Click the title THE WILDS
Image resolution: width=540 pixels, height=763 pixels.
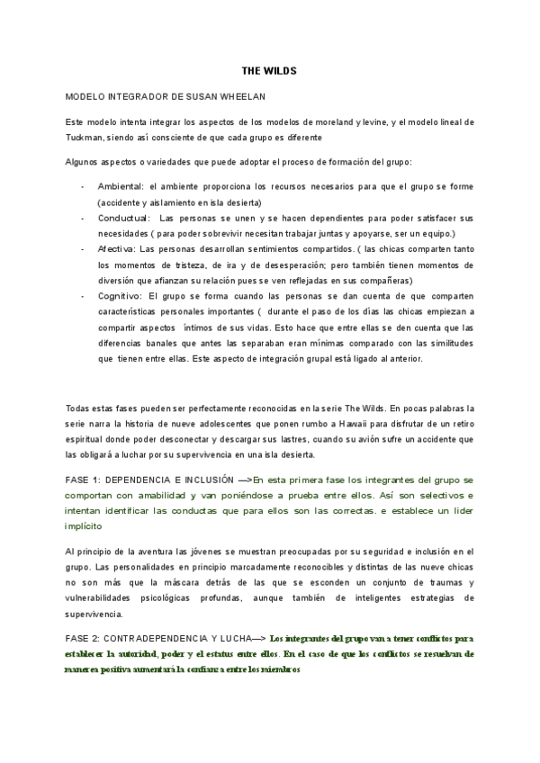point(270,69)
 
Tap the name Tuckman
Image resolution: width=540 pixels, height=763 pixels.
point(86,137)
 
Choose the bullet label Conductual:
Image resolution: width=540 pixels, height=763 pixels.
point(124,219)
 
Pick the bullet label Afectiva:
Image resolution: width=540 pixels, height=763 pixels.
point(117,251)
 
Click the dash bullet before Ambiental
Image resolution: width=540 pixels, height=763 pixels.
point(83,186)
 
